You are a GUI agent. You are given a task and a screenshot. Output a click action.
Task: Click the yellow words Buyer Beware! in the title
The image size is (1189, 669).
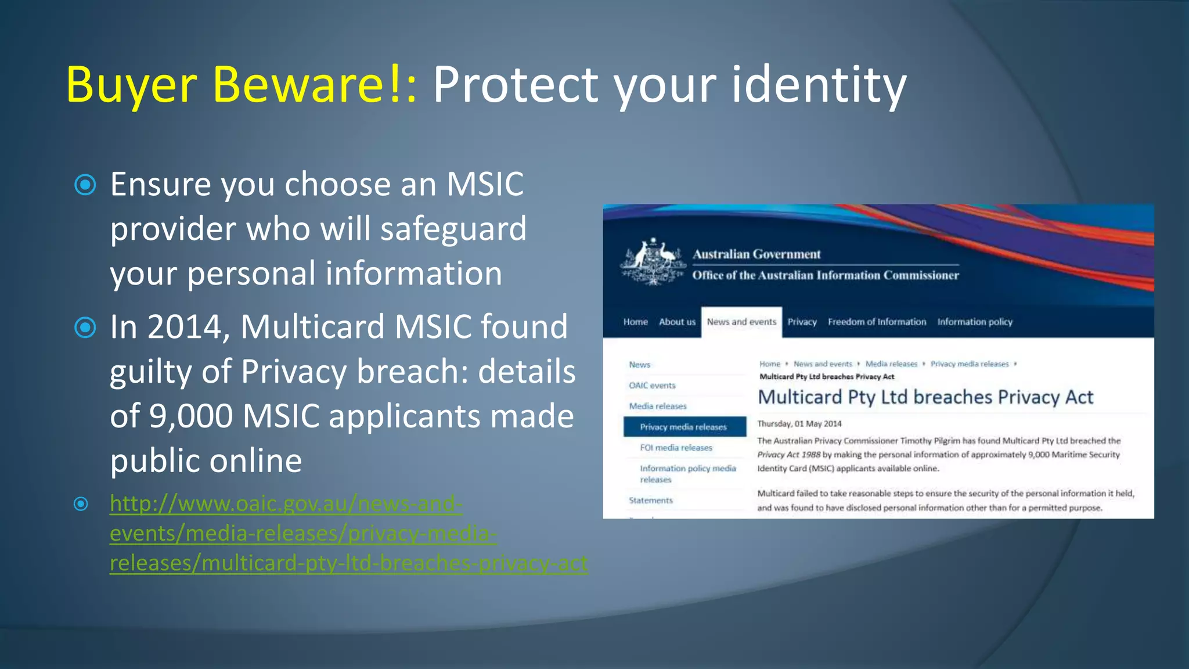click(241, 85)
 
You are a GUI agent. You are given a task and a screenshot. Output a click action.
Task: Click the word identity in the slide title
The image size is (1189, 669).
click(819, 85)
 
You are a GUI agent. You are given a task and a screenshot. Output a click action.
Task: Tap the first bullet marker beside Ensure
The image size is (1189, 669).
click(85, 185)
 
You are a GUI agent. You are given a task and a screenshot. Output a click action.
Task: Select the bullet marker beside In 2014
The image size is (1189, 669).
click(85, 328)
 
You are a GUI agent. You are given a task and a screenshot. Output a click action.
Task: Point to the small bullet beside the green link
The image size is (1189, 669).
click(81, 503)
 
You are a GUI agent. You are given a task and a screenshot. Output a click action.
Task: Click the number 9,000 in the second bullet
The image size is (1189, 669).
click(191, 416)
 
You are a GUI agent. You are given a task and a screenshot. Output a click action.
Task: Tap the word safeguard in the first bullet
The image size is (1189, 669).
click(453, 229)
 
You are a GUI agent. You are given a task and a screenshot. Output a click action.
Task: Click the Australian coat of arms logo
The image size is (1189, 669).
click(653, 261)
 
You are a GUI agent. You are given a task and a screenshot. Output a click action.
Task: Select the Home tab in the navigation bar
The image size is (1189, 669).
click(635, 322)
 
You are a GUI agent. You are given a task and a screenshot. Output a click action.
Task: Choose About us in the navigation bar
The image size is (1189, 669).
click(677, 322)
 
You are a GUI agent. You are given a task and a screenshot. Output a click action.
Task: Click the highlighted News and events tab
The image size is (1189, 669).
click(741, 322)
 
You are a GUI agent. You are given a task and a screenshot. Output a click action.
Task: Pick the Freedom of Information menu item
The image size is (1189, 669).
click(877, 322)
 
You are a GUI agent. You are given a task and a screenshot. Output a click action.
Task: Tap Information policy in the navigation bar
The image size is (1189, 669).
click(975, 322)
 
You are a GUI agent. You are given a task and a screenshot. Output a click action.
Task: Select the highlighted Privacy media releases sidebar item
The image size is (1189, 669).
click(684, 427)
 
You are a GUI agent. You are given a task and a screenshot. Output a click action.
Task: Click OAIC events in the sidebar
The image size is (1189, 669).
click(652, 385)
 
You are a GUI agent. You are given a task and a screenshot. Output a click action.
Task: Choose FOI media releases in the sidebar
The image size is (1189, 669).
click(676, 448)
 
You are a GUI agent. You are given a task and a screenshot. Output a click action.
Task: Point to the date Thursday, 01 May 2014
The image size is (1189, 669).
click(799, 424)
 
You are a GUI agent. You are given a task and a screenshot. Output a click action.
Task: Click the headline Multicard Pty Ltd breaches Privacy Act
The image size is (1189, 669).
click(925, 397)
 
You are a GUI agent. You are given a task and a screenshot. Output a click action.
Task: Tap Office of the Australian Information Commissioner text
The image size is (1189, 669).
click(825, 275)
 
